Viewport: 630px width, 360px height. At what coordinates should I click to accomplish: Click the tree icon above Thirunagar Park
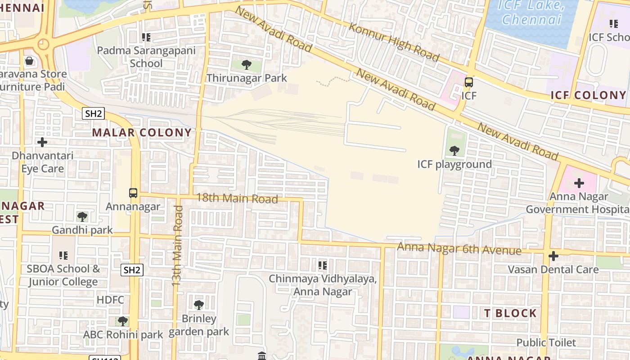pyautogui.click(x=246, y=65)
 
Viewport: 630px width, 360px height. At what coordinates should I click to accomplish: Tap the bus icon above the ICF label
pyautogui.click(x=468, y=82)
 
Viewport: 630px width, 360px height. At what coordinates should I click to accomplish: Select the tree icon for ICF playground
pyautogui.click(x=454, y=151)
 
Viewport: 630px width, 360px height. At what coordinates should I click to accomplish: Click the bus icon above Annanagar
pyautogui.click(x=133, y=193)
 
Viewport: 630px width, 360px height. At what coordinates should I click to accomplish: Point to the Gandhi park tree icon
pyautogui.click(x=82, y=217)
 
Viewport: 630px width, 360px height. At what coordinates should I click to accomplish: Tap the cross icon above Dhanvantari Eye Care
pyautogui.click(x=42, y=143)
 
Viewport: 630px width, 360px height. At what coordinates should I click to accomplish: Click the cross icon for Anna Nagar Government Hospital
pyautogui.click(x=579, y=183)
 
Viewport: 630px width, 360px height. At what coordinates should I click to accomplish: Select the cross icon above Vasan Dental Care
pyautogui.click(x=553, y=256)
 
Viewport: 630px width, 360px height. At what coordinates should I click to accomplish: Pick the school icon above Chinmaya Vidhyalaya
pyautogui.click(x=322, y=265)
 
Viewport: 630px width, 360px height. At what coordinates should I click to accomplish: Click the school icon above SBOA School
pyautogui.click(x=63, y=255)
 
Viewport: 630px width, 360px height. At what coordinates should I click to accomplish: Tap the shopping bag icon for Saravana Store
pyautogui.click(x=29, y=61)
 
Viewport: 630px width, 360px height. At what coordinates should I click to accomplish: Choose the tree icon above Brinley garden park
pyautogui.click(x=198, y=305)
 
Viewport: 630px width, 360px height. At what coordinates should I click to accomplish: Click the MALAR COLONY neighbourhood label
pyautogui.click(x=142, y=133)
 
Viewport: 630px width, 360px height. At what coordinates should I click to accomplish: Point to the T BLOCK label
pyautogui.click(x=511, y=313)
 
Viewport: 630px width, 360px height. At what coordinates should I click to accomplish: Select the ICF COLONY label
pyautogui.click(x=588, y=95)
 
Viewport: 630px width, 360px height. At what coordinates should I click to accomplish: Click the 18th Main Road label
pyautogui.click(x=237, y=198)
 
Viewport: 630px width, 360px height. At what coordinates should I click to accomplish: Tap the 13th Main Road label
pyautogui.click(x=177, y=246)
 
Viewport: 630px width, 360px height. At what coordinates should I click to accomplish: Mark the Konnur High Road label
pyautogui.click(x=394, y=42)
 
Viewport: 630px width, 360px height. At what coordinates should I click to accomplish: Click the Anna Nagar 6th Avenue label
pyautogui.click(x=459, y=248)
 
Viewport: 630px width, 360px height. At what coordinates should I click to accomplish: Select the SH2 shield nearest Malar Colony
pyautogui.click(x=94, y=113)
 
